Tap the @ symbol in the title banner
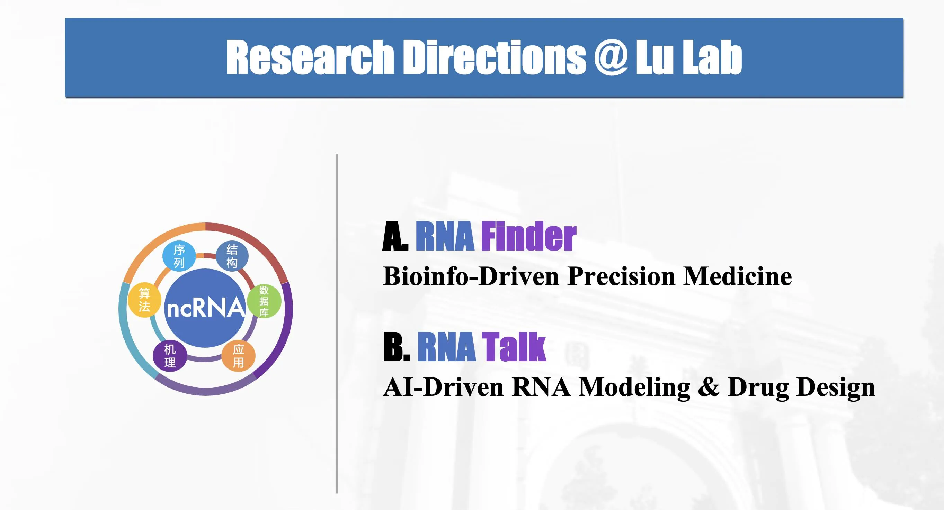tap(611, 57)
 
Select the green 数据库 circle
tap(264, 301)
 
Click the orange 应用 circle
tap(239, 356)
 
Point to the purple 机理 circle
tap(170, 356)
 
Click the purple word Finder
tap(528, 237)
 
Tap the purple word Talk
tap(514, 347)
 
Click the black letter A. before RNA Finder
tap(395, 237)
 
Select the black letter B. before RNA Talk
tap(397, 347)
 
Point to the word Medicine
tap(737, 276)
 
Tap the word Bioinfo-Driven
tap(471, 276)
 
